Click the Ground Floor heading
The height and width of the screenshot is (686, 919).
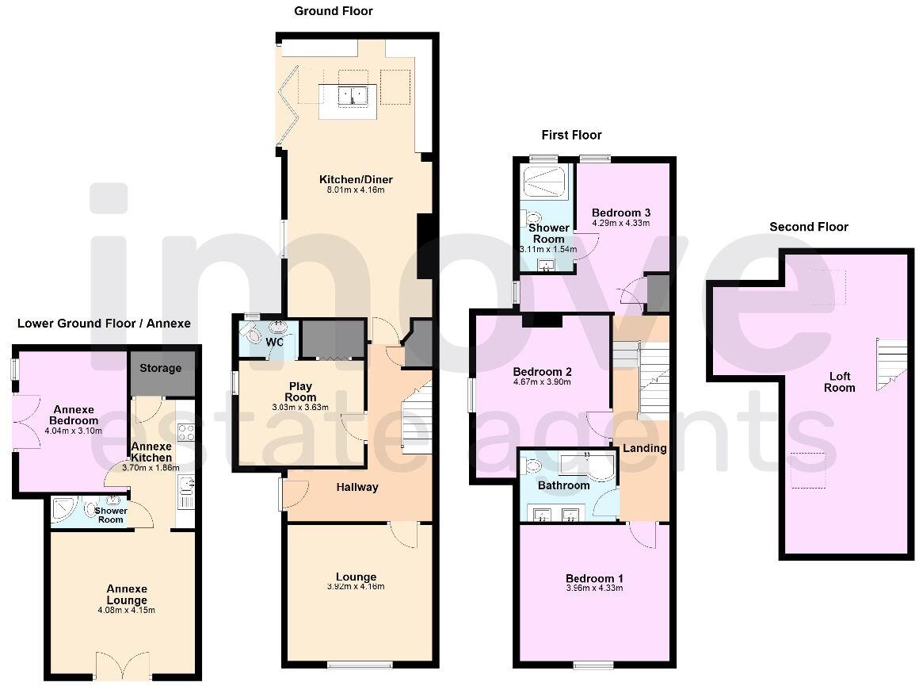333,11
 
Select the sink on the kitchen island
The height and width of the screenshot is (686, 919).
353,96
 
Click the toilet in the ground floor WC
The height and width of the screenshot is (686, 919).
279,328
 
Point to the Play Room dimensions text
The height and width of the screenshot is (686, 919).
300,408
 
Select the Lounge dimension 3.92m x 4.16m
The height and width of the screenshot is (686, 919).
355,587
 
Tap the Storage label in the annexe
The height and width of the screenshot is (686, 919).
161,368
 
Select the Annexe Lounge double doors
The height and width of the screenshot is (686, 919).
122,665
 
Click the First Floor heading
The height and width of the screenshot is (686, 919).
571,135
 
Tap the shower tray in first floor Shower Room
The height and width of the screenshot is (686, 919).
545,182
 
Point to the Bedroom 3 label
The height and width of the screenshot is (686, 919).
621,213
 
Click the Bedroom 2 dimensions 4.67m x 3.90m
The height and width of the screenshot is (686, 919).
542,381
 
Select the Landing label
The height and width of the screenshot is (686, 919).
644,448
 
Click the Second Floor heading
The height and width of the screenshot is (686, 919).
808,227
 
